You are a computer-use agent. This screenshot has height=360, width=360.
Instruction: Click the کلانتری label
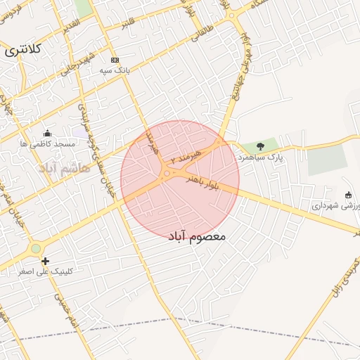pos(24,51)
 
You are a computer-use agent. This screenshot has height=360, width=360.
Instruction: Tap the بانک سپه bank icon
pos(115,60)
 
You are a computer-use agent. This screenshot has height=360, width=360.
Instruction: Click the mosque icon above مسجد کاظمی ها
pos(47,133)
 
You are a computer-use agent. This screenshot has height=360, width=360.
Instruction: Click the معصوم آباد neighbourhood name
pos(198,236)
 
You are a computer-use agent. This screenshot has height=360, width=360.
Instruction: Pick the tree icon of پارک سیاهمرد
pos(261,146)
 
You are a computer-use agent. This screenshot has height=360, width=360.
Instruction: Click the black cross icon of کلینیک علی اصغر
pos(46,261)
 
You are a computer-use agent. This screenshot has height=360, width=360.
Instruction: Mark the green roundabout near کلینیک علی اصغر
pos(36,248)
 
